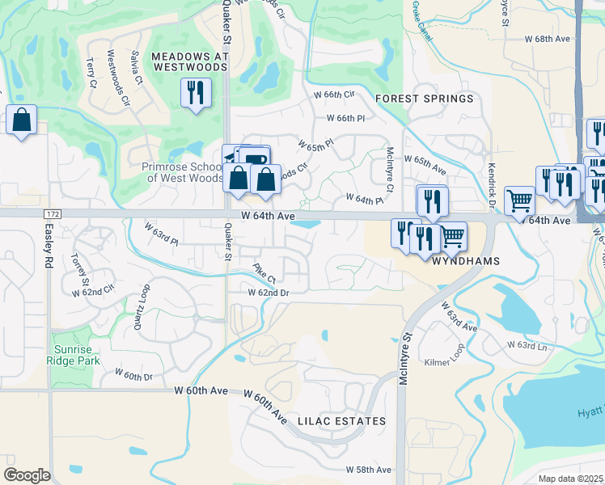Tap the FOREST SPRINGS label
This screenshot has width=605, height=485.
tap(425, 99)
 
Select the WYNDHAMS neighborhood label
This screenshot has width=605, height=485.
tap(463, 262)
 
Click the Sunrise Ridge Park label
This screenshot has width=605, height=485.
tap(77, 355)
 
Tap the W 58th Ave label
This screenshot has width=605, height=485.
tap(368, 470)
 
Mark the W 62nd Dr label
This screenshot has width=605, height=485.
tap(268, 292)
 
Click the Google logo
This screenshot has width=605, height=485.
tap(27, 474)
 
